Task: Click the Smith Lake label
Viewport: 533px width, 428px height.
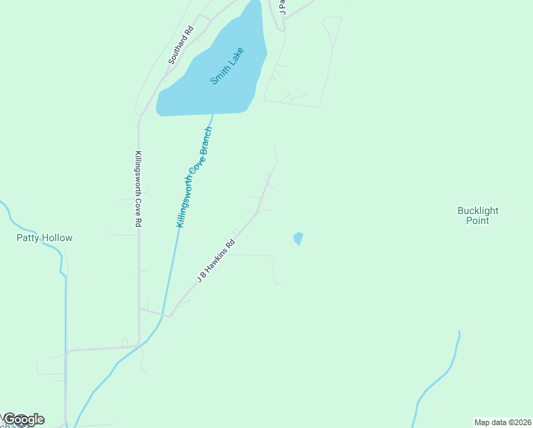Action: [x=227, y=66]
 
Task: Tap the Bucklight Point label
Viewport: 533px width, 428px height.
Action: [x=477, y=215]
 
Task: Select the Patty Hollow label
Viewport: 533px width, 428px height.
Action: [x=44, y=238]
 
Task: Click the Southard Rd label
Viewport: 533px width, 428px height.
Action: [x=180, y=46]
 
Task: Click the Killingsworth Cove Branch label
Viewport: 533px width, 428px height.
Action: [x=195, y=177]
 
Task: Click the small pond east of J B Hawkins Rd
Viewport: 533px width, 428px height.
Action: [x=298, y=238]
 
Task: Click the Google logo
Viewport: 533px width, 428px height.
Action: [x=23, y=419]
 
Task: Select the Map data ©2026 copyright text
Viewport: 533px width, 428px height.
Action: [x=502, y=422]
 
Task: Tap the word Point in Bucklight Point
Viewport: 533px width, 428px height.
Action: [x=477, y=220]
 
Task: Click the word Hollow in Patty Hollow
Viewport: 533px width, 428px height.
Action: [x=57, y=238]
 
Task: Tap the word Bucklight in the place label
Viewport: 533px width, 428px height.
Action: [x=477, y=210]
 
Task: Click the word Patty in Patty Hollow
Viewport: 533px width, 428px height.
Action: [x=29, y=238]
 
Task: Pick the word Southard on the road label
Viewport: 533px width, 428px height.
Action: [x=178, y=49]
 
